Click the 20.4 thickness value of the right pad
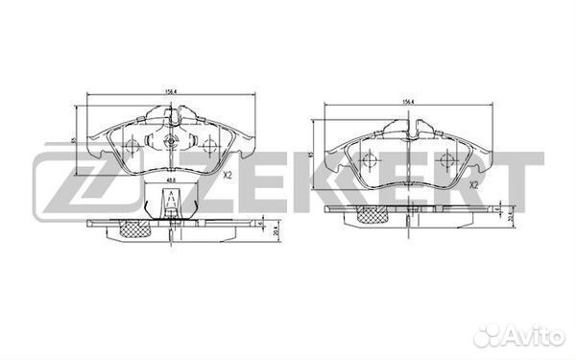coord(511,214)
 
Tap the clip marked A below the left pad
coord(170,203)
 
